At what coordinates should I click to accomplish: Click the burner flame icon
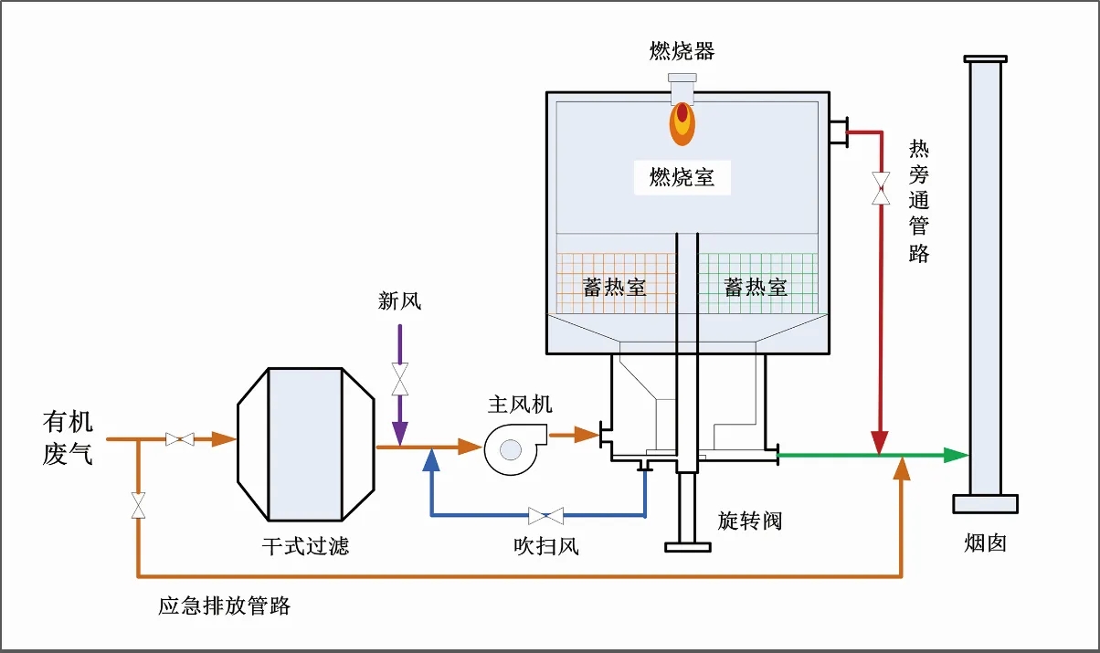click(682, 122)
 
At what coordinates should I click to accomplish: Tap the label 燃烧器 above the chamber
click(682, 51)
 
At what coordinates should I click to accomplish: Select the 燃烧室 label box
click(682, 177)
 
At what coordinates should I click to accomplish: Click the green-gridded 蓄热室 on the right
click(756, 286)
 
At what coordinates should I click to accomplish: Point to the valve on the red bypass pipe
click(881, 188)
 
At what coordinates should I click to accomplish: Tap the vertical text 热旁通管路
click(919, 201)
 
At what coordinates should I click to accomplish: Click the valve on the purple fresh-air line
click(399, 378)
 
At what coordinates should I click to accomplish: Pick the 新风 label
click(399, 300)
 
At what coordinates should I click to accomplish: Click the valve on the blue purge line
click(545, 515)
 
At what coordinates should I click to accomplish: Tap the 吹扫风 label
click(545, 547)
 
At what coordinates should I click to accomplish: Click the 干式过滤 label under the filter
click(305, 546)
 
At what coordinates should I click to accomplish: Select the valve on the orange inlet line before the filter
click(179, 439)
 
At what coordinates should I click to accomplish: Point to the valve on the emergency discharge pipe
click(138, 506)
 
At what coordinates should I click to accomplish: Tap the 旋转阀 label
click(750, 521)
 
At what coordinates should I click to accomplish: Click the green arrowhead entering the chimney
click(956, 455)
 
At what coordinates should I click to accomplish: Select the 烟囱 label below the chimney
click(985, 542)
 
